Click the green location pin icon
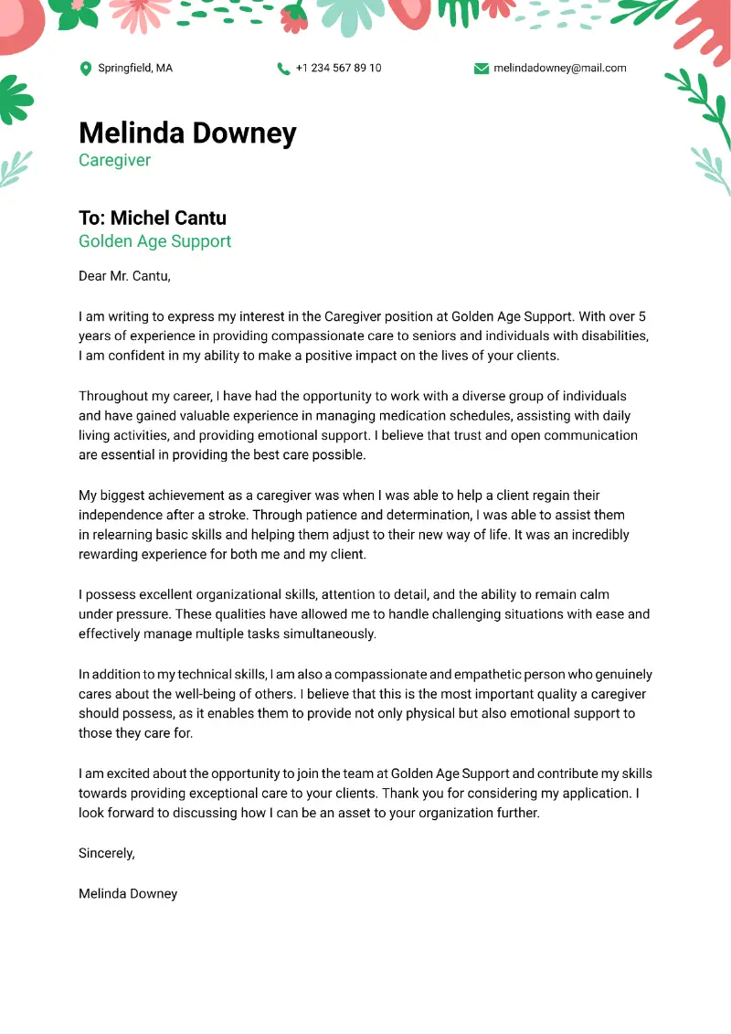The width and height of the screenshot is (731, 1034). tap(86, 69)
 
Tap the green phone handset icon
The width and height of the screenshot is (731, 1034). tap(283, 69)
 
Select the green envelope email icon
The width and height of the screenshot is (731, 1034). tap(482, 69)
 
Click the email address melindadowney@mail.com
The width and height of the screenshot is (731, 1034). tap(560, 69)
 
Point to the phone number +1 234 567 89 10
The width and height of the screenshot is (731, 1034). tap(339, 69)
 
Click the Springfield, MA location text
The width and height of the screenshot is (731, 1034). tap(135, 69)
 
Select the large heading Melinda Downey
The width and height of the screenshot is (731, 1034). tap(187, 133)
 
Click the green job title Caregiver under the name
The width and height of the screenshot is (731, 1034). tap(114, 161)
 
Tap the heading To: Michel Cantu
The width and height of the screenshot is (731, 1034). tap(152, 218)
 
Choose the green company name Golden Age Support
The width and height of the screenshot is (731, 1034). tap(154, 241)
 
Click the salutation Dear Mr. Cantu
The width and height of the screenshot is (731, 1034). tap(124, 275)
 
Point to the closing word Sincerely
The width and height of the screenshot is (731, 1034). tap(106, 853)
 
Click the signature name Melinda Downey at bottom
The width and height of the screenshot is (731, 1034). tap(128, 893)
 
